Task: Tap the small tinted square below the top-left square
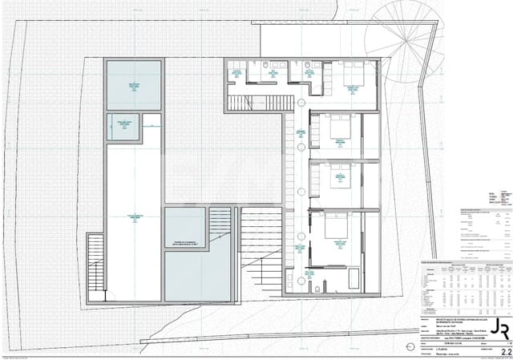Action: (x=123, y=126)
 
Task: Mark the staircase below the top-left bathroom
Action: (x=252, y=103)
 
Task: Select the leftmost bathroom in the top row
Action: (x=237, y=73)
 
